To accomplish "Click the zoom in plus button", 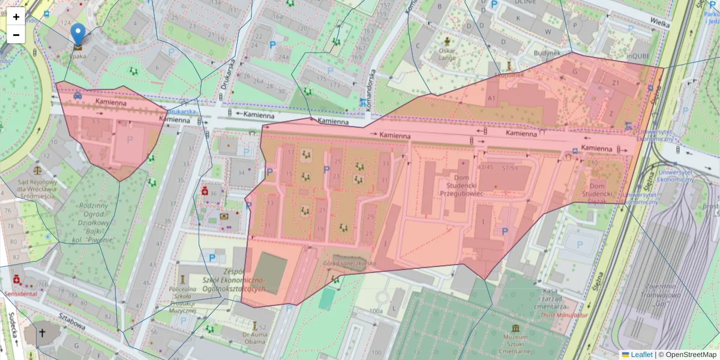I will tap(16, 17).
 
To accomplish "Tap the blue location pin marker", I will tap(78, 35).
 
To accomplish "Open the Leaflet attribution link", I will tap(641, 355).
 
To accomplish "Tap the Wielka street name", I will tap(660, 22).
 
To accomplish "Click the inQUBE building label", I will tap(638, 56).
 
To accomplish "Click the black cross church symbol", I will tap(42, 332).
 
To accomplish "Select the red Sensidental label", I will tap(20, 294).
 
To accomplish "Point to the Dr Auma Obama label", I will tap(254, 338).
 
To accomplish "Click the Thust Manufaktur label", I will tap(564, 314).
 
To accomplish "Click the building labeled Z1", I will tap(615, 82).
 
